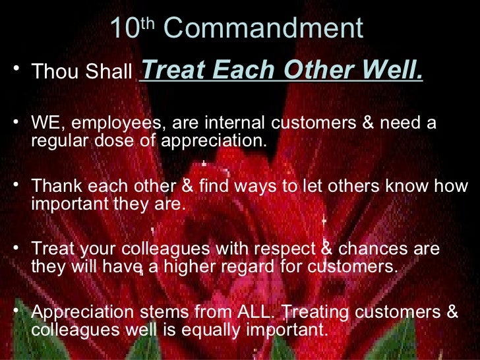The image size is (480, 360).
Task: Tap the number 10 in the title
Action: [124, 28]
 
